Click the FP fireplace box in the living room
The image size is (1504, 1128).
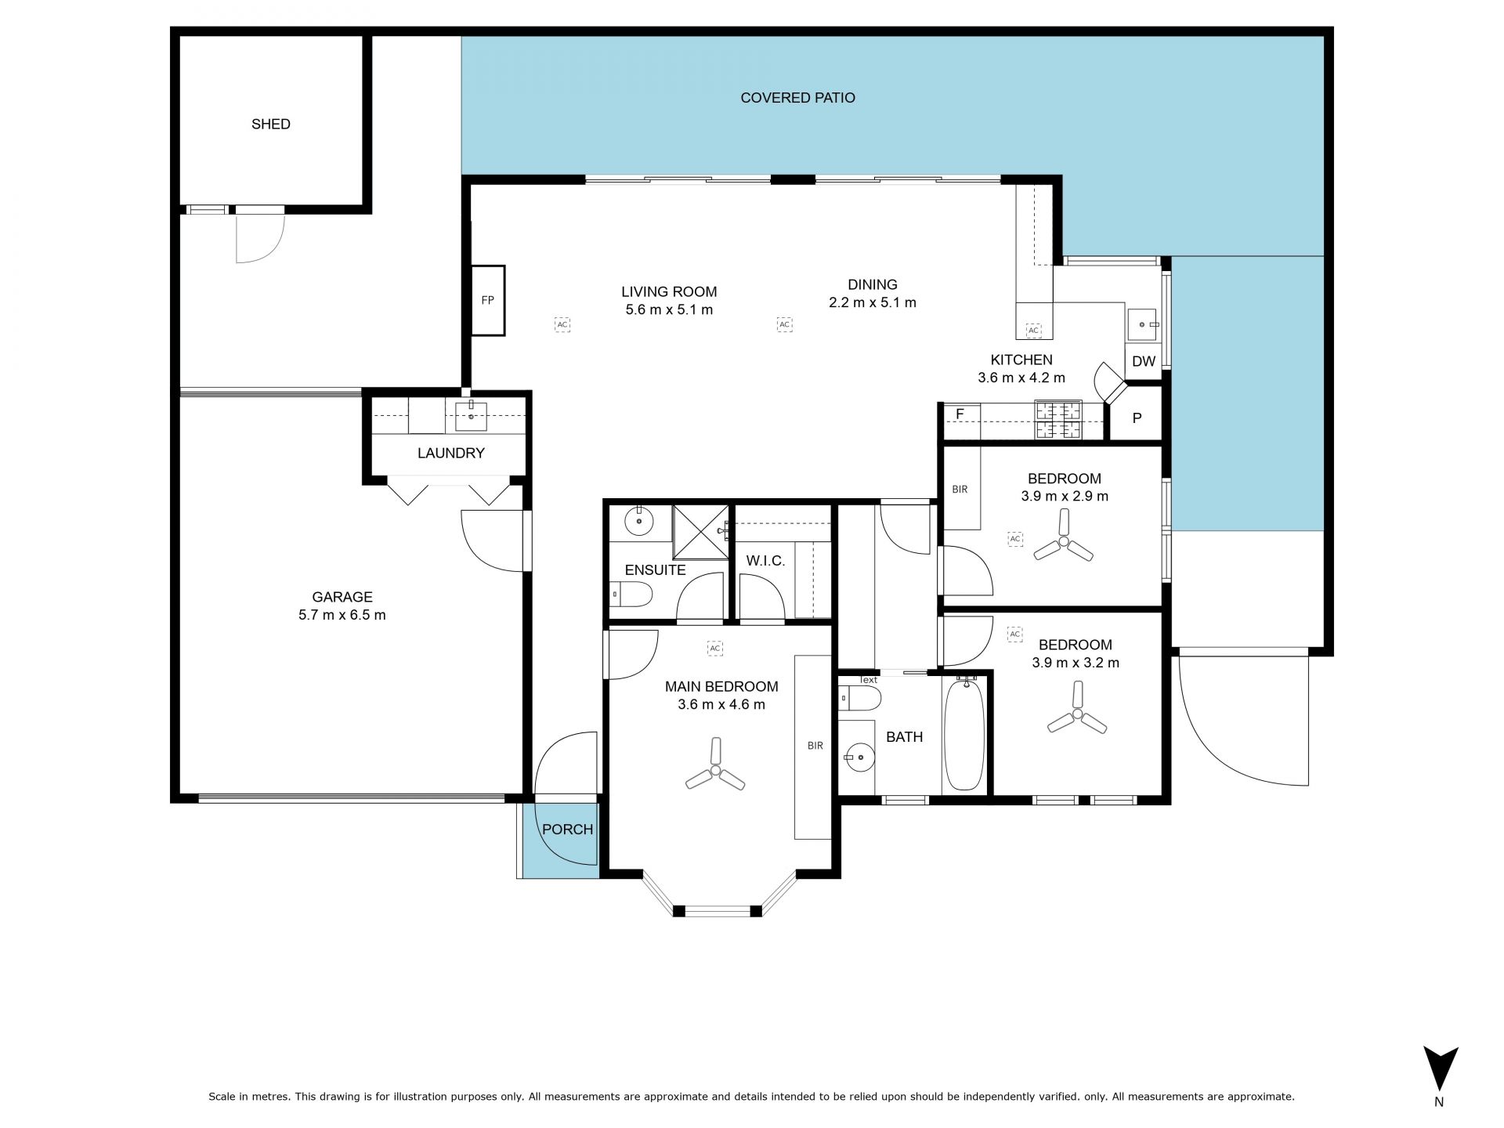tap(488, 301)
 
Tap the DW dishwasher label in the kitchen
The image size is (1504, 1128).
tap(1144, 362)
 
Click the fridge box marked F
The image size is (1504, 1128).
tap(960, 413)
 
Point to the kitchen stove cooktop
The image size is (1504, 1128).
tap(1058, 421)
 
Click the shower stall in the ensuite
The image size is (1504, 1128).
tap(701, 532)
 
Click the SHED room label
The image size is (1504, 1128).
tap(271, 124)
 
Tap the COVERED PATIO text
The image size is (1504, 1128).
tap(797, 98)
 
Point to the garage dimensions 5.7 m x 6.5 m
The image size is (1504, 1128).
tap(342, 615)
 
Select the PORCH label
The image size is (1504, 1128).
tap(567, 829)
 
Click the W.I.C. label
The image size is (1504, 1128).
tap(765, 561)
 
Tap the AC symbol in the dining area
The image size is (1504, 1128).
tap(784, 324)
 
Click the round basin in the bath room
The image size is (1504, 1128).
tap(858, 757)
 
